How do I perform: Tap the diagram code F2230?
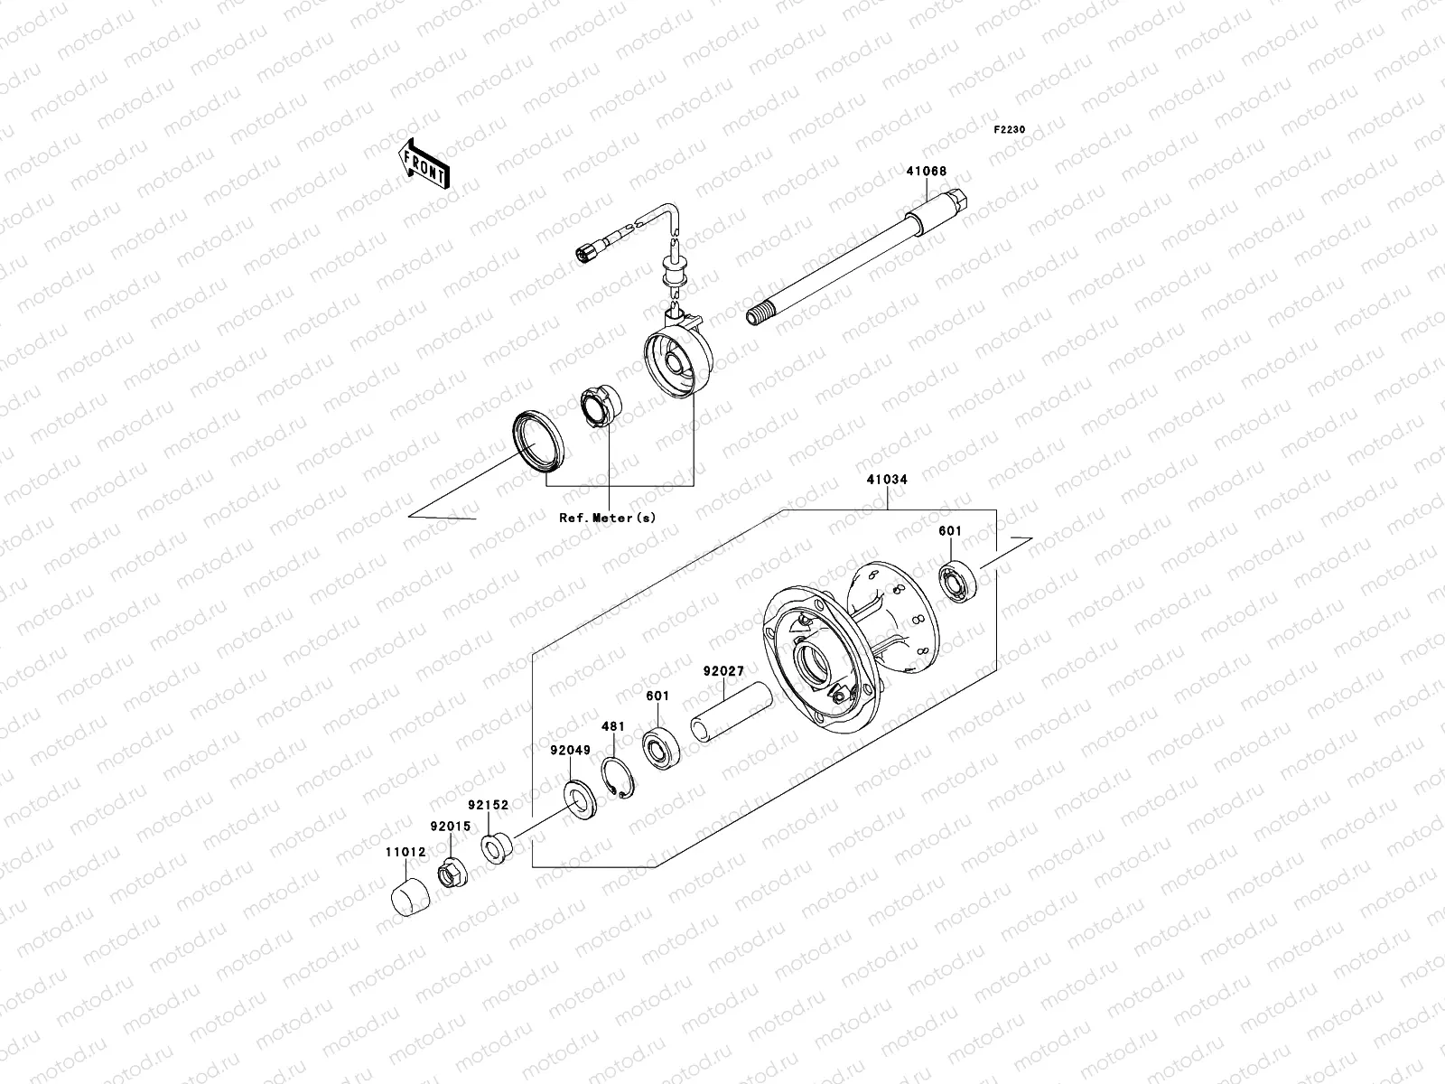pos(1010,130)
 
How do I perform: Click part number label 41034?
pos(887,481)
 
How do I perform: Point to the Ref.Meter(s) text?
pos(607,518)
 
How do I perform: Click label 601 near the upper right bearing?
pos(950,532)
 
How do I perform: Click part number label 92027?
pos(723,672)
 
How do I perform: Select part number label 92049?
pos(570,750)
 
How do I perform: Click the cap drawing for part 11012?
pos(406,894)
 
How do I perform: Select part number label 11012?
pos(401,851)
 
